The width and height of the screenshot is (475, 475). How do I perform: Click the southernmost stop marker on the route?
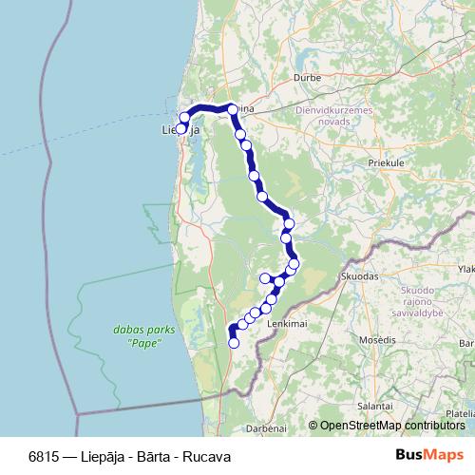(234, 342)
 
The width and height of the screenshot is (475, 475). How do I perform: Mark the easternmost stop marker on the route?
(294, 263)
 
